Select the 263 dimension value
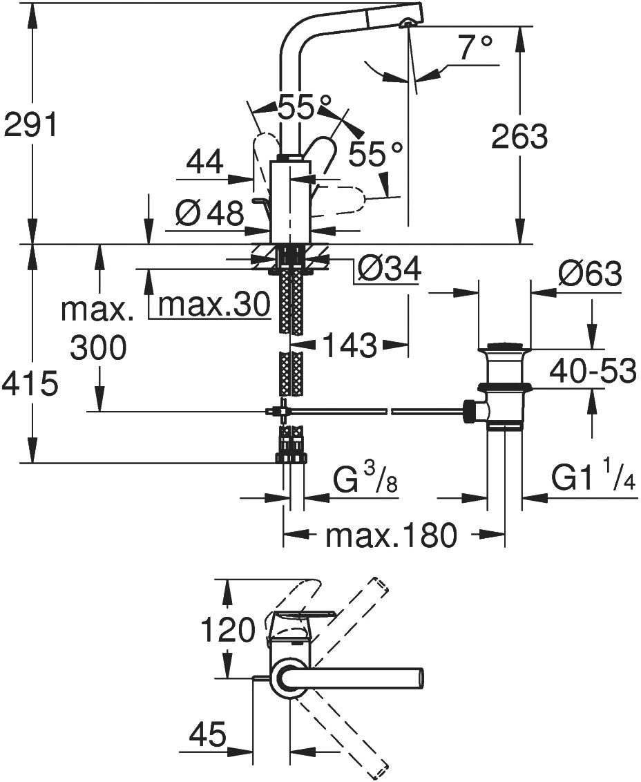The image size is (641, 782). (x=519, y=137)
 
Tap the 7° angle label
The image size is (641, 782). (x=476, y=49)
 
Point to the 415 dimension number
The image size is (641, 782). (x=28, y=384)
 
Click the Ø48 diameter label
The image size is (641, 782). (x=209, y=214)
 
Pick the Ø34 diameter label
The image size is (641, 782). (x=388, y=269)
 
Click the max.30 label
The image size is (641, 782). (x=213, y=304)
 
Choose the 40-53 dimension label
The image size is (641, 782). (x=593, y=372)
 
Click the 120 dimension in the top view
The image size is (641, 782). (x=228, y=629)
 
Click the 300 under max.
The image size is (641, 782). (x=98, y=347)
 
